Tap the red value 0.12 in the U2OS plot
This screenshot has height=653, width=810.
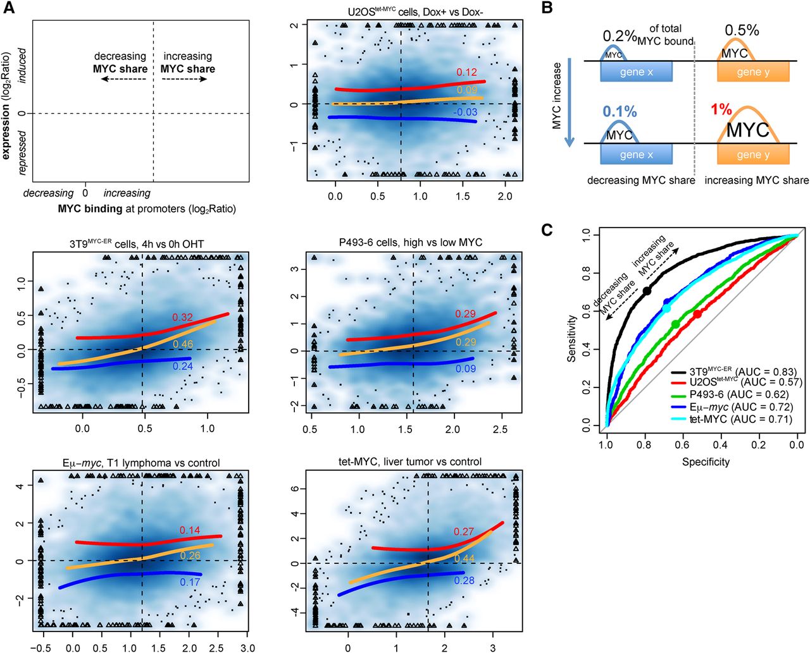pyautogui.click(x=466, y=72)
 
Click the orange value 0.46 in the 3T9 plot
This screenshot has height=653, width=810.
pyautogui.click(x=183, y=345)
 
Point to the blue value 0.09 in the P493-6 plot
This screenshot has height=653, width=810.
pyautogui.click(x=466, y=369)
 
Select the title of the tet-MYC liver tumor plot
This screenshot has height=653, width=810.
pyautogui.click(x=410, y=462)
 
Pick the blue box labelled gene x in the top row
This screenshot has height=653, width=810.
pyautogui.click(x=636, y=71)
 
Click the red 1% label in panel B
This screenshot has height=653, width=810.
pyautogui.click(x=721, y=109)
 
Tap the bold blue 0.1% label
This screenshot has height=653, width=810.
pyautogui.click(x=620, y=111)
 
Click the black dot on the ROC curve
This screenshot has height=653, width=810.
pyautogui.click(x=647, y=291)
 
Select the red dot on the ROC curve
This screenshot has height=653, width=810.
pyautogui.click(x=697, y=314)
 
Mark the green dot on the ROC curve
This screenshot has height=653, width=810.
pyautogui.click(x=675, y=324)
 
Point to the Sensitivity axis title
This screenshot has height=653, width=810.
pyautogui.click(x=572, y=338)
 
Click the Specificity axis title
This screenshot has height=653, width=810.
pyautogui.click(x=706, y=462)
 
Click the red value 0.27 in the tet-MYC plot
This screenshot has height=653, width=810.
pyautogui.click(x=464, y=532)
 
